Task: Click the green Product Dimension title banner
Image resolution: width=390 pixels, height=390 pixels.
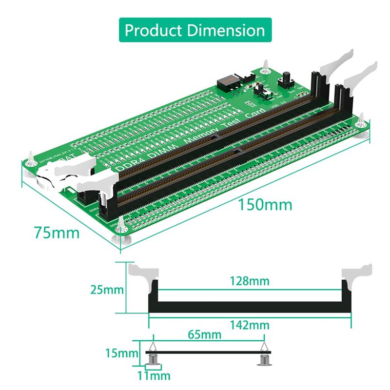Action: [x=195, y=30]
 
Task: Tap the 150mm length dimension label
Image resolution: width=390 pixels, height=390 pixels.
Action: [x=265, y=204]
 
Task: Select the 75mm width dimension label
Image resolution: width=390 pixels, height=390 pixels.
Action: [x=57, y=233]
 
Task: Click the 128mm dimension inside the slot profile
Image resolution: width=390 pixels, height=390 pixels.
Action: [x=250, y=281]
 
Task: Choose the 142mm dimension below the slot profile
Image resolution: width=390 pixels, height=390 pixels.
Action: [x=250, y=325]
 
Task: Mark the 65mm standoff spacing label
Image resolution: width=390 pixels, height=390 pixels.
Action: [x=205, y=335]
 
